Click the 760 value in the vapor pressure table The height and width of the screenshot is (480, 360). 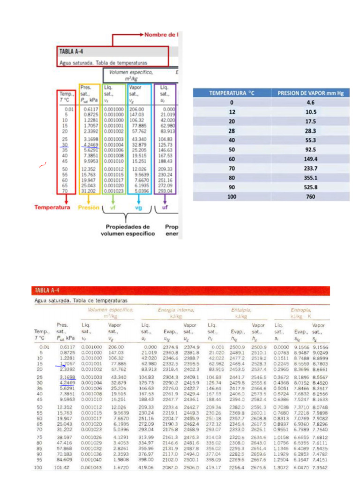[311, 197]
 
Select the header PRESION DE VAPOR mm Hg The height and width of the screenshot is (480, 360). [311, 93]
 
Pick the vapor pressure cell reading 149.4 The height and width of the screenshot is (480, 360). [311, 159]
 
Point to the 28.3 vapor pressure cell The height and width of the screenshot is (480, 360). [311, 131]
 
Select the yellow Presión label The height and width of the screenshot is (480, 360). [88, 207]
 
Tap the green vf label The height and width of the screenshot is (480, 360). [112, 207]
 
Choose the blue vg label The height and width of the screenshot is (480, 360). [139, 207]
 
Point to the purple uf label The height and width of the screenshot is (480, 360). [165, 207]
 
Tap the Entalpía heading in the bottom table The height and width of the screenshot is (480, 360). [240, 310]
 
